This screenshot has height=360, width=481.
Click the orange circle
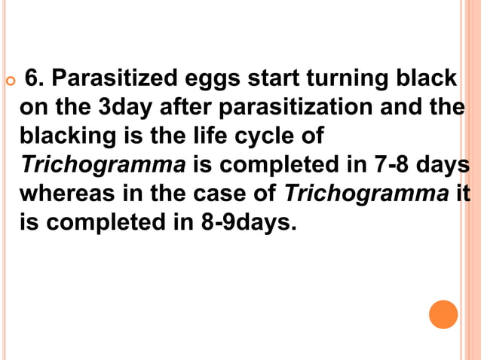coord(443,314)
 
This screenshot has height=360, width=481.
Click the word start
coord(258,78)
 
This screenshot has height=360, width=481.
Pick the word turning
coord(333,79)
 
